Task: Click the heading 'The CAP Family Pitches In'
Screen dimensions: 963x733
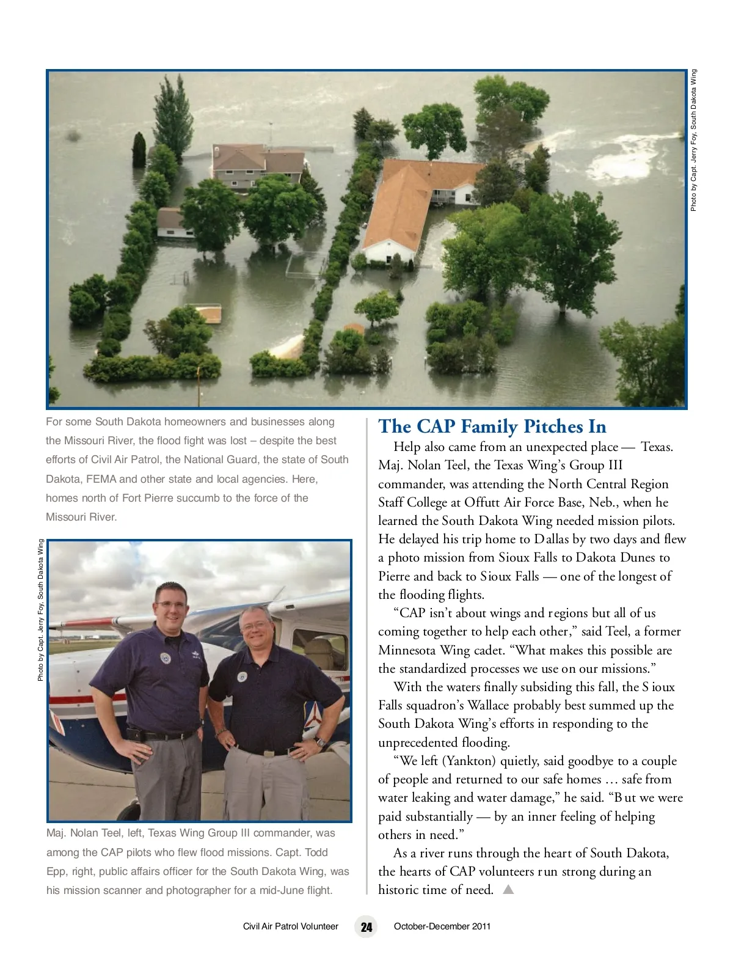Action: tap(492, 427)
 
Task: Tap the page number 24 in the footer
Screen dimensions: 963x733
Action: tap(366, 927)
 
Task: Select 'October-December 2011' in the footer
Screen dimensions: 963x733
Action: tap(442, 926)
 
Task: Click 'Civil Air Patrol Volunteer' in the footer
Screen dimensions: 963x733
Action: tap(290, 926)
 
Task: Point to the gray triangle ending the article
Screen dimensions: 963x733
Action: tap(508, 890)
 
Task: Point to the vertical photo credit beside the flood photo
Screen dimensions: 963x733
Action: tap(693, 141)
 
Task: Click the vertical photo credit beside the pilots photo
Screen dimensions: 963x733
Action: tap(40, 609)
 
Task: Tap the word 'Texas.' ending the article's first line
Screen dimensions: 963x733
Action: tap(657, 447)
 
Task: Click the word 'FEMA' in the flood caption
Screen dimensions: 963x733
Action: tap(102, 479)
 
